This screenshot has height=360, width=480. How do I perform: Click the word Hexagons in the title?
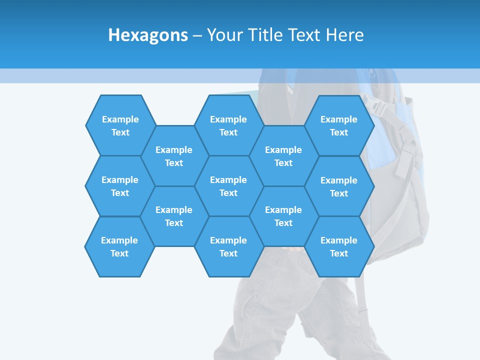coord(148,35)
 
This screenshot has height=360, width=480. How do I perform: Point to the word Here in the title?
coord(344,35)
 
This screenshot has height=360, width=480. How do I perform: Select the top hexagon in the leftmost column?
coord(120,125)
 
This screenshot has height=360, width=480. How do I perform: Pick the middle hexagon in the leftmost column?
coord(120,186)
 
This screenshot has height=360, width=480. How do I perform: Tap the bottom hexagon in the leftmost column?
coord(119,246)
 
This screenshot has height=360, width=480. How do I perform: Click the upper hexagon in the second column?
coord(174,156)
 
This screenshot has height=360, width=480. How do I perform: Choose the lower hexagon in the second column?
coord(174,216)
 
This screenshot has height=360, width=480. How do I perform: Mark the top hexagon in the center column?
coord(228,125)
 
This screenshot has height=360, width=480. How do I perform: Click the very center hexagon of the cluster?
coord(228,186)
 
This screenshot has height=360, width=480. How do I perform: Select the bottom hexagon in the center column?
coord(228,246)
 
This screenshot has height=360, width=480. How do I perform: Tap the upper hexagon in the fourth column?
coord(283,156)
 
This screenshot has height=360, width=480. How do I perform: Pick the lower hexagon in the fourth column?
coord(283,216)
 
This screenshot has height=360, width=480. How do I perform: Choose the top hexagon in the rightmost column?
coord(339,125)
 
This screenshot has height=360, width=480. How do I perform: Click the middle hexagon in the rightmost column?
coord(339,186)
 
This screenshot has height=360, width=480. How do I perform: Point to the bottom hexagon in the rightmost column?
coord(339,246)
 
